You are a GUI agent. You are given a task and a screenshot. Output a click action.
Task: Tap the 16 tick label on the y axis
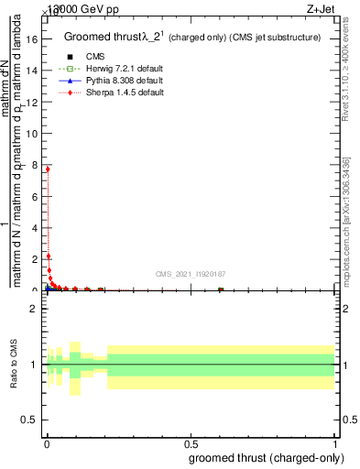click(32, 39)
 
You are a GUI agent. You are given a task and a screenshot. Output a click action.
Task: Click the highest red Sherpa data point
click(48, 169)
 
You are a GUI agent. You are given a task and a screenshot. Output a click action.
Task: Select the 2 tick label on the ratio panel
click(35, 310)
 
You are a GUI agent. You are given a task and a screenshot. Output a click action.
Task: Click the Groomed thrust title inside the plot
click(192, 38)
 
